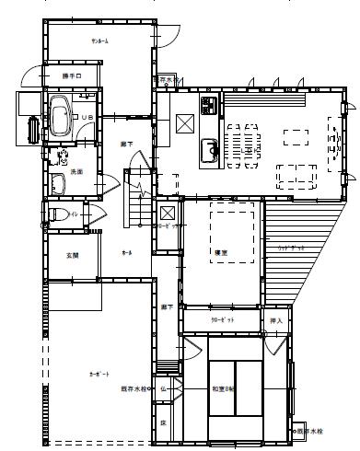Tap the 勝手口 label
pyautogui.click(x=72, y=75)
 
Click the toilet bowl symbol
pyautogui.click(x=52, y=215)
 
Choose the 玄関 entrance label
pyautogui.click(x=70, y=255)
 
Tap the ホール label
pyautogui.click(x=126, y=253)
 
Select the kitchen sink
pyautogui.click(x=208, y=148)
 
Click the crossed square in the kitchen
pyautogui.click(x=183, y=121)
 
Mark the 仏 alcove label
pyautogui.click(x=162, y=389)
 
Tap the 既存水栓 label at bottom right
pyautogui.click(x=313, y=430)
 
